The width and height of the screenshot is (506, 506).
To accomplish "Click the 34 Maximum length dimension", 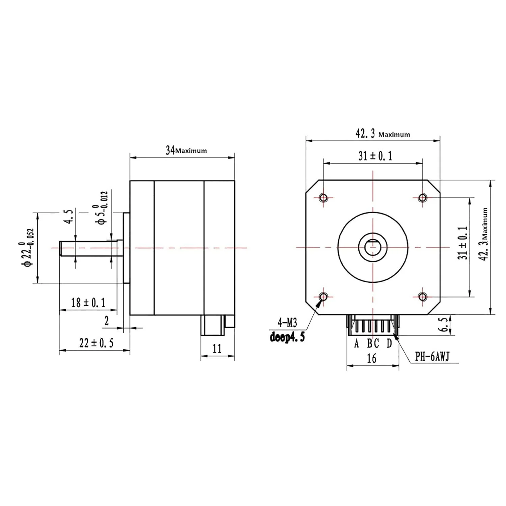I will pyautogui.click(x=186, y=150).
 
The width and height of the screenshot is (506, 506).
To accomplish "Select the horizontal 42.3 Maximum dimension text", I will pyautogui.click(x=382, y=134).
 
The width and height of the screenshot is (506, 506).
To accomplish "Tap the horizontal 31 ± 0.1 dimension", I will pyautogui.click(x=375, y=156).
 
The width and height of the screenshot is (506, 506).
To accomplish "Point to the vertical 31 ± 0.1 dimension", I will pyautogui.click(x=463, y=243).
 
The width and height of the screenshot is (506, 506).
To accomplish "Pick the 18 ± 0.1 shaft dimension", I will pyautogui.click(x=88, y=303).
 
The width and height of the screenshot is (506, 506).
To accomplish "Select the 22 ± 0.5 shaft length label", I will pyautogui.click(x=96, y=343).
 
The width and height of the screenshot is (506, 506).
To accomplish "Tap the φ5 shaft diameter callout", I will pyautogui.click(x=102, y=207).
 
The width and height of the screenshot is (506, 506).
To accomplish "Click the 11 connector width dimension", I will pyautogui.click(x=217, y=348).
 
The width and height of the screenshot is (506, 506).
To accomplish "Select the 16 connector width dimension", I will pyautogui.click(x=371, y=358).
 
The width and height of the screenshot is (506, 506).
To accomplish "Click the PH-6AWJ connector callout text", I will pyautogui.click(x=432, y=357).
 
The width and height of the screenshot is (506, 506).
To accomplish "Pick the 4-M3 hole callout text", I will pyautogui.click(x=287, y=323).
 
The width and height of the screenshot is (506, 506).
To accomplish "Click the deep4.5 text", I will pyautogui.click(x=287, y=337).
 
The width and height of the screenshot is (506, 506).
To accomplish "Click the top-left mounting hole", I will pyautogui.click(x=324, y=197).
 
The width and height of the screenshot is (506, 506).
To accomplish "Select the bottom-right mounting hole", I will pyautogui.click(x=422, y=297).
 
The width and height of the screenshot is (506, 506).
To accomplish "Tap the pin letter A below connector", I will pyautogui.click(x=357, y=344).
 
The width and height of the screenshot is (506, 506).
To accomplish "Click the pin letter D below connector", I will pyautogui.click(x=389, y=344).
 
